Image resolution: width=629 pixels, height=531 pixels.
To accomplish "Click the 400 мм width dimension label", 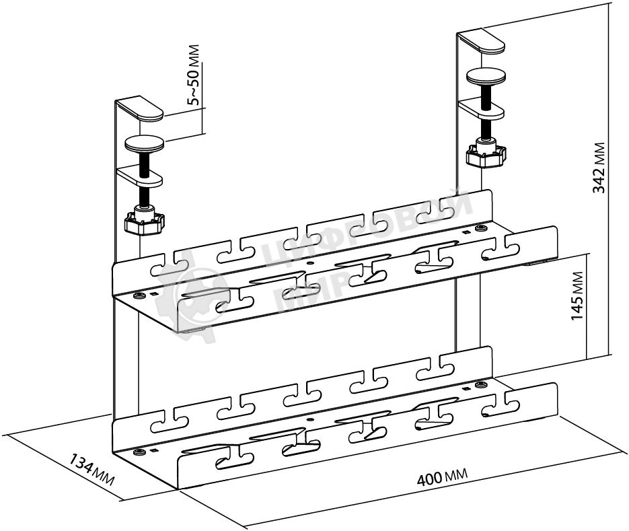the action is tap(442, 476).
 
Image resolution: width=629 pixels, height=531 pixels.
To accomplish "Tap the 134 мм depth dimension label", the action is tap(92, 470).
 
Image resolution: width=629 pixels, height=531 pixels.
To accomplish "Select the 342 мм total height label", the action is tap(599, 168).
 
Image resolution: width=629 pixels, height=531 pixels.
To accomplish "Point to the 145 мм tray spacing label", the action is tap(577, 296).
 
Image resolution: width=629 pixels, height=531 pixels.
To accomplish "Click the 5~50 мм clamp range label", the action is tap(194, 75).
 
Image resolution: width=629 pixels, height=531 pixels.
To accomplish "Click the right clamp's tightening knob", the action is tap(486, 155).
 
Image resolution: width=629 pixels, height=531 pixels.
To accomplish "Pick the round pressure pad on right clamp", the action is tap(486, 77).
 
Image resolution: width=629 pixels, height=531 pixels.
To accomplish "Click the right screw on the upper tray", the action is tap(480, 229).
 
